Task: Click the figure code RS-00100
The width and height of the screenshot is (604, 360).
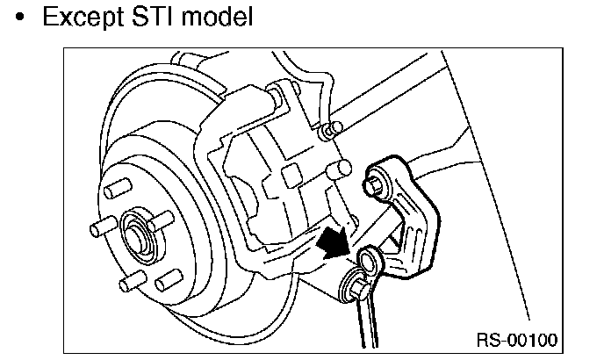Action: tap(516, 338)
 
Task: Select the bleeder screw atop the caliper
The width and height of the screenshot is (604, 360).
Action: tap(330, 131)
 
